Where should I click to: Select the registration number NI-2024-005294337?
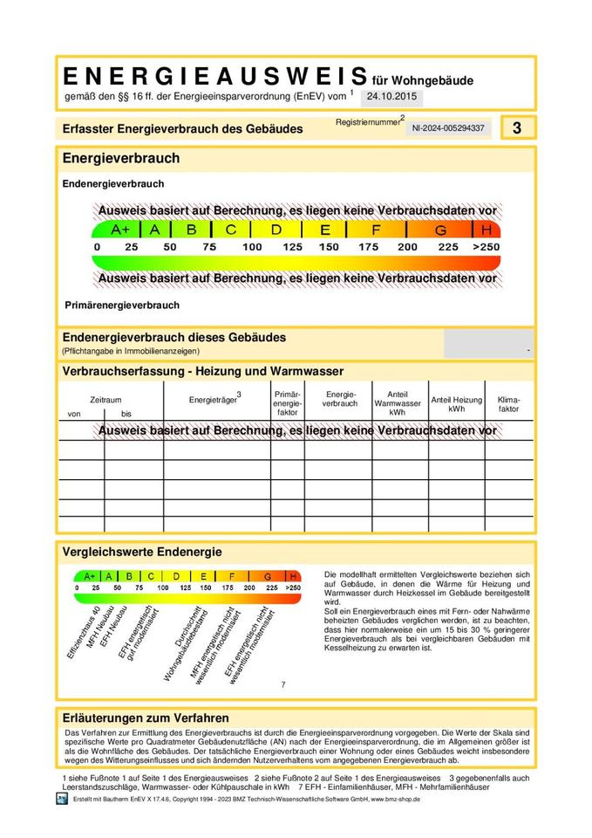coord(448,128)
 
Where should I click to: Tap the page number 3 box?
coord(517,127)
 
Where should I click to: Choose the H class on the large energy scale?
coord(487,230)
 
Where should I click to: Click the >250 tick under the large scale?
coord(486,247)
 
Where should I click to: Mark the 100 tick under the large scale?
coord(252,247)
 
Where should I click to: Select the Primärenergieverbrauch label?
coord(122,306)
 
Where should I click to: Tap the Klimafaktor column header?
coord(508,403)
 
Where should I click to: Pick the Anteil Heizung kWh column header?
coord(456,403)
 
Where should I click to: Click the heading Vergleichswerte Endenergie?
coord(142,552)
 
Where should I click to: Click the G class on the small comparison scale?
coord(268,576)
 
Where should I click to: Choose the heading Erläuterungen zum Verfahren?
coord(146,718)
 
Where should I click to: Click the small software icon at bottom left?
coord(61,800)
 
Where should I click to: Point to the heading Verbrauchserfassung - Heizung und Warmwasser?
coord(203,371)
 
